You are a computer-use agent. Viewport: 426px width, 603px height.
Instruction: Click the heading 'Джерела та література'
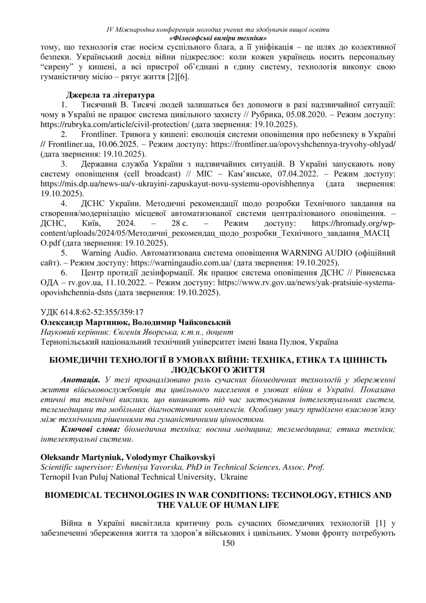click(110, 94)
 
